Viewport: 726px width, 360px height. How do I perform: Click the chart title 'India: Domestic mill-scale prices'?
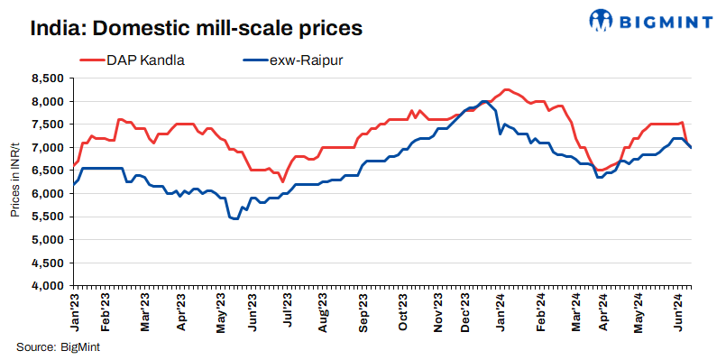point(196,28)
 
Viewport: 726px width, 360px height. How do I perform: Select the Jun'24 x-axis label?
point(683,310)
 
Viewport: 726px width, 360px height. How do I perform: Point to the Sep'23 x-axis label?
point(363,310)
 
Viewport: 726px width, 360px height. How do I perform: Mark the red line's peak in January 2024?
point(506,89)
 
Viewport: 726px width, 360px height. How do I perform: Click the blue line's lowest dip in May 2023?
point(235,218)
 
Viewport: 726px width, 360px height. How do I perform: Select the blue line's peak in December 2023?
point(484,101)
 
